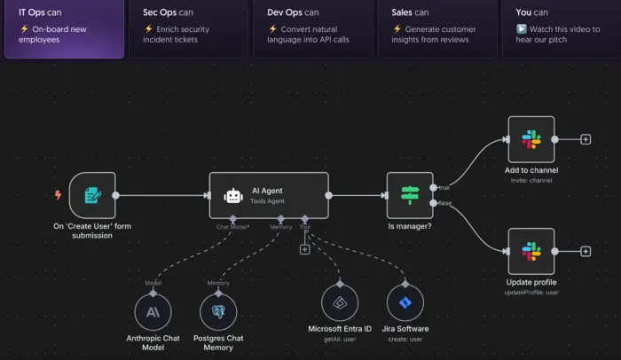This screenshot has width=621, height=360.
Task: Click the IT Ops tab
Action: [64, 27]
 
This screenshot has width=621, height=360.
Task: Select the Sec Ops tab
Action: [187, 27]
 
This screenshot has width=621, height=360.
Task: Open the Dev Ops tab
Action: [311, 27]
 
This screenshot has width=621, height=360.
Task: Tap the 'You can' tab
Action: [562, 27]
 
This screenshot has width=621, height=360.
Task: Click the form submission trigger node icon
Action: [92, 195]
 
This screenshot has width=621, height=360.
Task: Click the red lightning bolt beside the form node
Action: [59, 195]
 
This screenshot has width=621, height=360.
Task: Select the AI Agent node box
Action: [269, 195]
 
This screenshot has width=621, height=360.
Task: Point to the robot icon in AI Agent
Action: [233, 196]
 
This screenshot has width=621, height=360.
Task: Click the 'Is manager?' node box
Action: [410, 195]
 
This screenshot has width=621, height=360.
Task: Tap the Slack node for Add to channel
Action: [531, 139]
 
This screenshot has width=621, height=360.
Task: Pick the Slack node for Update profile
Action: [531, 251]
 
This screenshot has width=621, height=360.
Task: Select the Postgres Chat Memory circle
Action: [218, 311]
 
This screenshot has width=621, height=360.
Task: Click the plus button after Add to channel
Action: [586, 139]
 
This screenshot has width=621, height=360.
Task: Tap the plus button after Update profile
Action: [586, 251]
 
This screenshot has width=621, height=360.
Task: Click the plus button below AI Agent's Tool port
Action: [305, 249]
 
